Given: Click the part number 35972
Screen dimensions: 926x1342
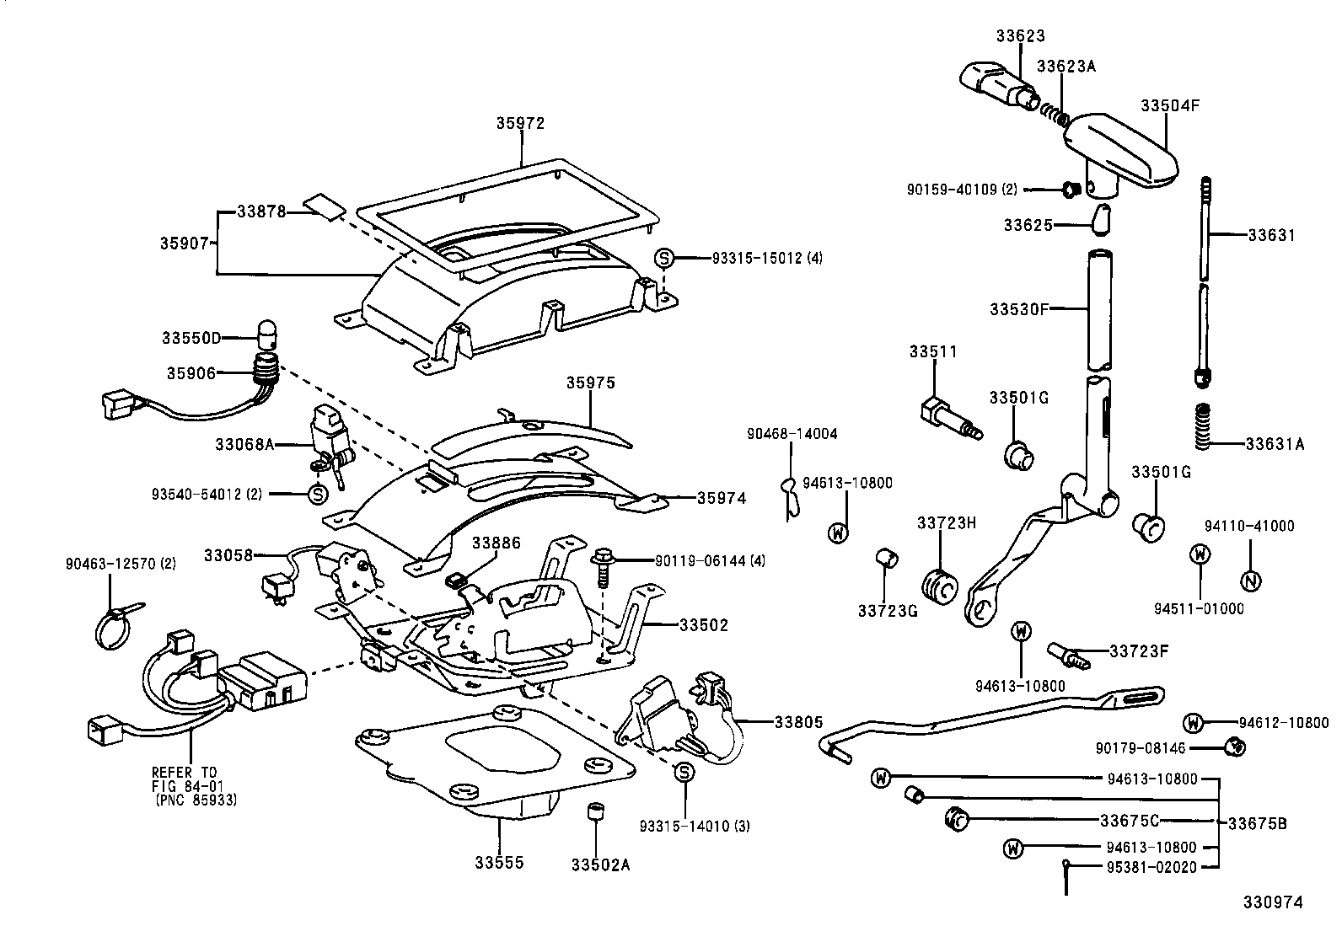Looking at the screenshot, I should (x=520, y=124).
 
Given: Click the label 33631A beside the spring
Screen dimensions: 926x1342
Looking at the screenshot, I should (x=1275, y=444).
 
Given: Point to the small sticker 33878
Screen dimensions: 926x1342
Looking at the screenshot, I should (x=324, y=206).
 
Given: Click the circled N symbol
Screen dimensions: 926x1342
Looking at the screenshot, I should (x=1250, y=581).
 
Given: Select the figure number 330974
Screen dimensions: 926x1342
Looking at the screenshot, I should (x=1273, y=902).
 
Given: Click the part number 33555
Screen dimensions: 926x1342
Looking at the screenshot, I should (x=498, y=863).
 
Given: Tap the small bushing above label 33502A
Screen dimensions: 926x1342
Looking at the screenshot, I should (x=596, y=813).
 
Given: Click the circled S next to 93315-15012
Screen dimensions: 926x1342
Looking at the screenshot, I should (x=664, y=258).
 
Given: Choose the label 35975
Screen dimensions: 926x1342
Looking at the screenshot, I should (x=590, y=383).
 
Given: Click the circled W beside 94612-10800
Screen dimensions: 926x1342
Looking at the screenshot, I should (x=1191, y=723).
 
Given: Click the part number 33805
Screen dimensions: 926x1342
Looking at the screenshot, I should (x=798, y=722).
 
